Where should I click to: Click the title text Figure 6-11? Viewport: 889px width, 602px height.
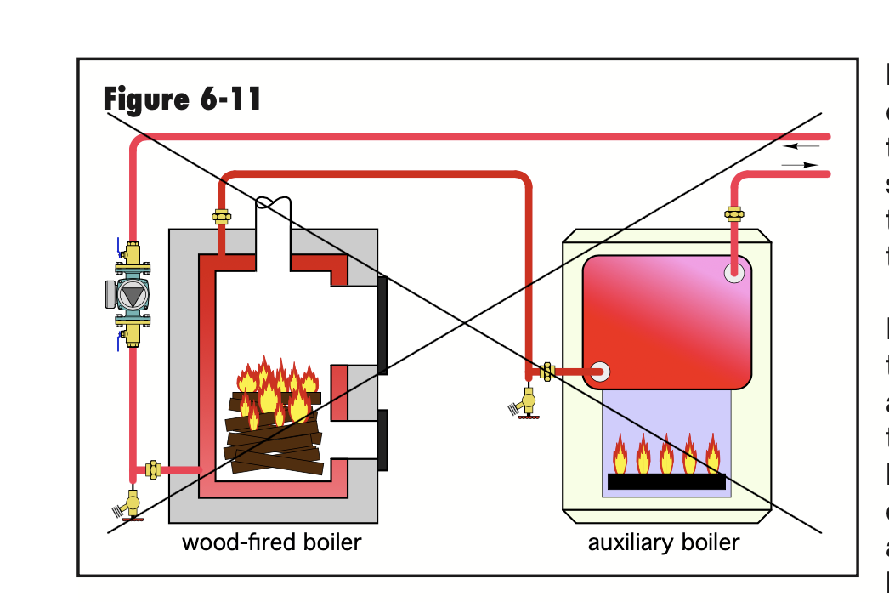[182, 99]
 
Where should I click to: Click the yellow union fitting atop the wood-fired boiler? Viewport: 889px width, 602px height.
[221, 217]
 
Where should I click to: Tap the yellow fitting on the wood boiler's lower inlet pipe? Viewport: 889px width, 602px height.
[154, 469]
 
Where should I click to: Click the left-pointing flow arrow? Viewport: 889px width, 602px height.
[801, 147]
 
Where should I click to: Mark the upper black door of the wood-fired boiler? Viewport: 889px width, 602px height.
[382, 325]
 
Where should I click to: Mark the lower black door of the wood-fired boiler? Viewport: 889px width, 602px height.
[382, 440]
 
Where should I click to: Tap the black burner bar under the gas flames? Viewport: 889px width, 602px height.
[666, 481]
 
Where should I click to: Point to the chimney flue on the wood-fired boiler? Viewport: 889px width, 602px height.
[274, 225]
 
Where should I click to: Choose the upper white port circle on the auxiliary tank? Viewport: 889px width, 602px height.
[734, 273]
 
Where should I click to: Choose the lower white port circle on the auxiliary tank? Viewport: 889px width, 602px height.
[600, 372]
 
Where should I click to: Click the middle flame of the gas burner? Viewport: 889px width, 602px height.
[666, 454]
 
